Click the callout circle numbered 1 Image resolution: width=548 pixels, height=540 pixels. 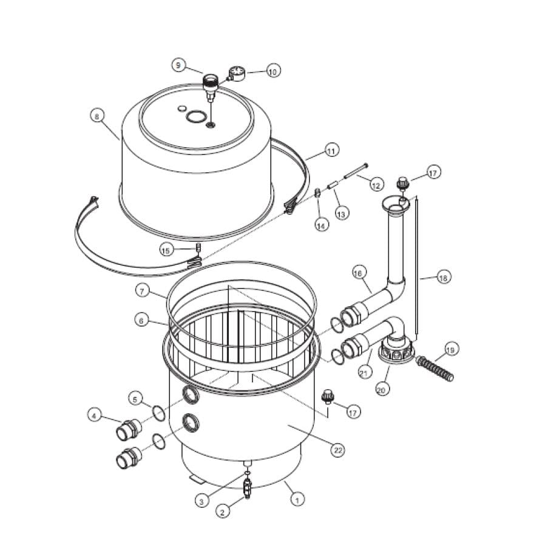tap(297, 499)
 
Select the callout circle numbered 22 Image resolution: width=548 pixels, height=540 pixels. tap(337, 449)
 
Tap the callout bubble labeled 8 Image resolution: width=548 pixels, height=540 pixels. tap(96, 115)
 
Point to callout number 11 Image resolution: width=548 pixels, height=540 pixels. tap(331, 151)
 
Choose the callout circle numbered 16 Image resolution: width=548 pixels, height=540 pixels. tap(359, 273)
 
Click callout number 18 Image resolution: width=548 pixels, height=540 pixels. tap(444, 278)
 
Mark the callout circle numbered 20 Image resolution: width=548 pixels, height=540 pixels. tap(381, 390)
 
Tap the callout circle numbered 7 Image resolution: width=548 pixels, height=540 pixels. tap(143, 292)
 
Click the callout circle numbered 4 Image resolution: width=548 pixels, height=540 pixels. tap(93, 415)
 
